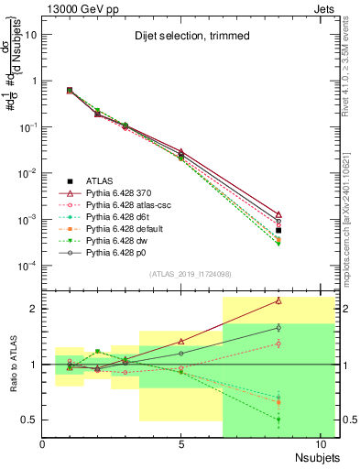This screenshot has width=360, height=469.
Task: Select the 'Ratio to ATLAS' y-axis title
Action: [x=11, y=364]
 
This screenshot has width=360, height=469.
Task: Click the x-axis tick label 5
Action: [x=181, y=445]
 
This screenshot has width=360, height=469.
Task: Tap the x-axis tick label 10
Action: [x=321, y=445]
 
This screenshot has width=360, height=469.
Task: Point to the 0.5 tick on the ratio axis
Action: [x=31, y=420]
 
